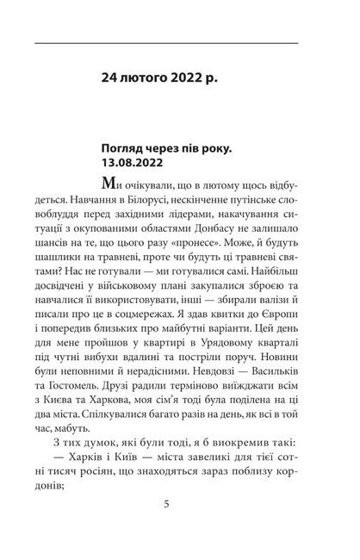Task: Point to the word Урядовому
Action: (x=227, y=372)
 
